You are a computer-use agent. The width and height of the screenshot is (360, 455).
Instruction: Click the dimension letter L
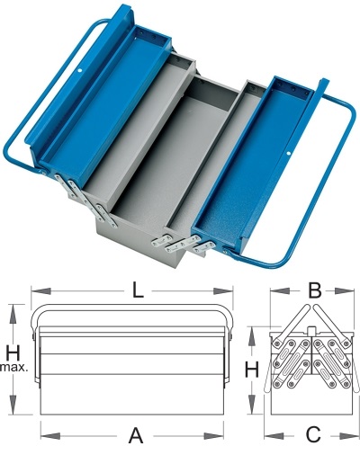point(138,290)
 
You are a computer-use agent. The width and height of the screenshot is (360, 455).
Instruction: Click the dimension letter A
point(136,436)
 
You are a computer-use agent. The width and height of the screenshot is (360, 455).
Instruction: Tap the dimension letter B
point(315,290)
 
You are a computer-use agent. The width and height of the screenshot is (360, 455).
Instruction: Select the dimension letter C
point(314,435)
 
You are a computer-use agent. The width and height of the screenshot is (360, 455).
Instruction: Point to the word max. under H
point(14,367)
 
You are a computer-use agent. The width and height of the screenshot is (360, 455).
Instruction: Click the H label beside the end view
point(252,370)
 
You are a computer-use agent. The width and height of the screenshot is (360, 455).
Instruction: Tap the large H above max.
point(13,352)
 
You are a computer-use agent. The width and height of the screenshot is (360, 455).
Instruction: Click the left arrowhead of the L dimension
point(40,290)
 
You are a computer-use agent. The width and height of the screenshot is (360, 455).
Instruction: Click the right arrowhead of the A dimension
point(213,436)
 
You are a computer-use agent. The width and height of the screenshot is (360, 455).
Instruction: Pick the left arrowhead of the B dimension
point(280,290)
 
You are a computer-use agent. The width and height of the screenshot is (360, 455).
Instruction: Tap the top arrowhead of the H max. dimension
point(13,314)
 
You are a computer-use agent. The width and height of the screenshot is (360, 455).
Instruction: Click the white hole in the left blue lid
point(80,71)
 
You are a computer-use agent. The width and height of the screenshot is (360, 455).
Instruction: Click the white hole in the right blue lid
point(289,154)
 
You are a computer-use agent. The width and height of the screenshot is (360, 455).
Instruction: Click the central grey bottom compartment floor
point(168,168)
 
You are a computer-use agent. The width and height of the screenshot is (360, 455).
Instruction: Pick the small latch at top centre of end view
point(312,331)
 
